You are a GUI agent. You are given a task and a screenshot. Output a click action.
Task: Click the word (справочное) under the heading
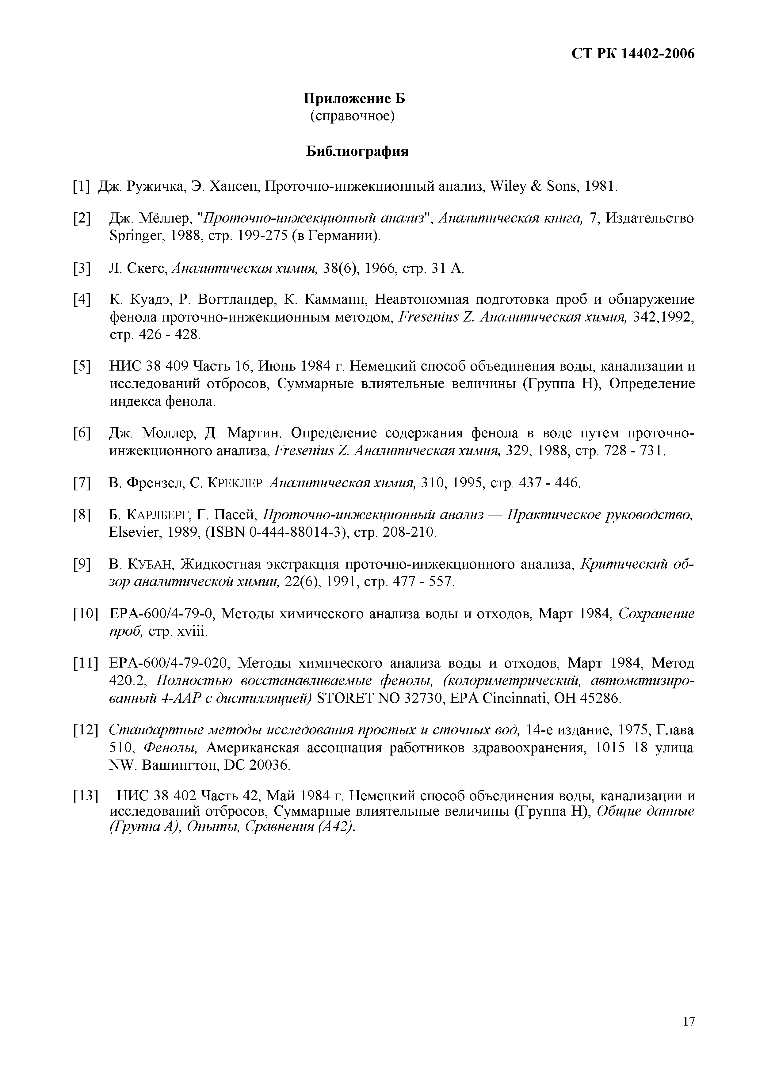click(352, 116)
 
